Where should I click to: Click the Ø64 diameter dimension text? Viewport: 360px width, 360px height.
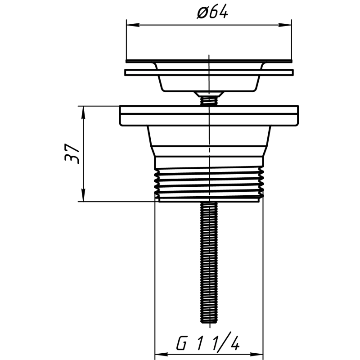211,13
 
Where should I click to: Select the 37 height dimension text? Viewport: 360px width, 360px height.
72,153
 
